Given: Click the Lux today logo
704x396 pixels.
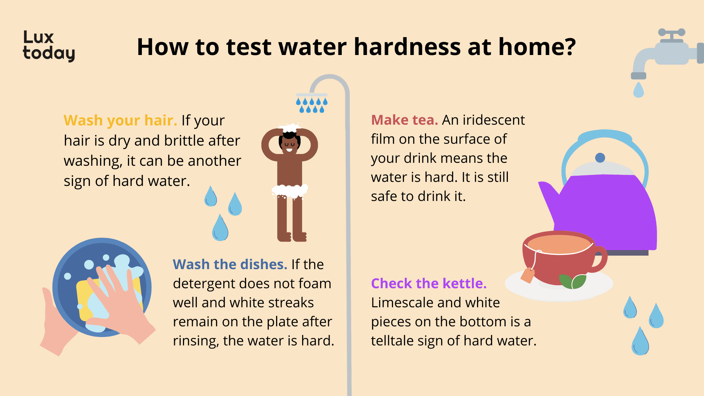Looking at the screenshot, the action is click(x=49, y=46).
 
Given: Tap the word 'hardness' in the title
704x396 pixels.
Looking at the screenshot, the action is click(x=407, y=47).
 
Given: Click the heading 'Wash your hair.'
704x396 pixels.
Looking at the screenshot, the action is click(x=120, y=121).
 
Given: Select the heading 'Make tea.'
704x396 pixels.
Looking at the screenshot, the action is click(x=404, y=120).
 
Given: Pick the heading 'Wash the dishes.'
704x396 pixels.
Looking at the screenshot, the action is click(x=230, y=264).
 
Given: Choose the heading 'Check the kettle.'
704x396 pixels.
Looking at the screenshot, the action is click(x=429, y=283).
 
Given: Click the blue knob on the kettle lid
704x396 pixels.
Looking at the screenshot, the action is click(x=600, y=158).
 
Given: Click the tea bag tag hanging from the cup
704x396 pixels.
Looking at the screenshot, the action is click(x=528, y=275).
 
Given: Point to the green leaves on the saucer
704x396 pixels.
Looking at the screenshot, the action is click(x=572, y=282).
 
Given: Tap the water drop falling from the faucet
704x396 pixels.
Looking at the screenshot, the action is click(x=638, y=90).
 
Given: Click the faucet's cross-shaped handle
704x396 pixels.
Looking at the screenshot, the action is click(x=671, y=35).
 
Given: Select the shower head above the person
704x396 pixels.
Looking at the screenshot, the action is click(x=312, y=95).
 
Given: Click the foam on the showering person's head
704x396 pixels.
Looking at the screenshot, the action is click(x=289, y=128).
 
